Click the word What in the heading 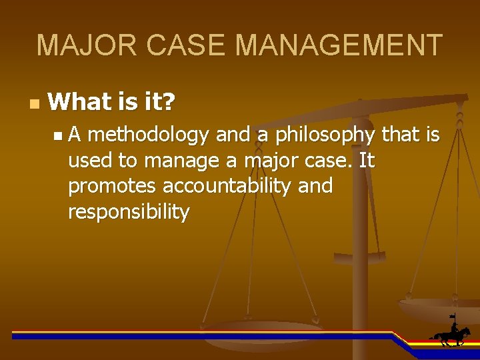click(x=79, y=102)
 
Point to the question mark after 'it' click(x=169, y=102)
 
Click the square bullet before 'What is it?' click(x=35, y=104)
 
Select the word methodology click(x=148, y=135)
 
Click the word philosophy click(x=325, y=135)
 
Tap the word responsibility click(x=129, y=212)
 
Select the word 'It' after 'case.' click(x=366, y=161)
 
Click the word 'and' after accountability click(x=315, y=186)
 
